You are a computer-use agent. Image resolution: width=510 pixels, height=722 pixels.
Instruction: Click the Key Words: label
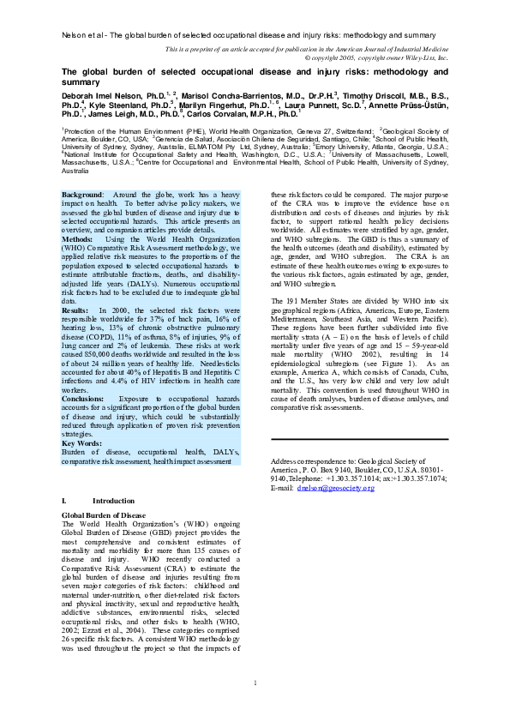pyautogui.click(x=81, y=442)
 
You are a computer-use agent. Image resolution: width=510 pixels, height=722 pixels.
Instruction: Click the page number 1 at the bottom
pyautogui.click(x=255, y=707)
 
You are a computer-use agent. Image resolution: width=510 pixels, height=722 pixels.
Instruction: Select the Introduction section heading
pyautogui.click(x=107, y=499)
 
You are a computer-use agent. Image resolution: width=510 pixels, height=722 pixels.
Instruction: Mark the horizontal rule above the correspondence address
pyautogui.click(x=358, y=439)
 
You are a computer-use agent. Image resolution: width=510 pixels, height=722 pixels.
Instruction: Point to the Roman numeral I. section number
pyautogui.click(x=64, y=499)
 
